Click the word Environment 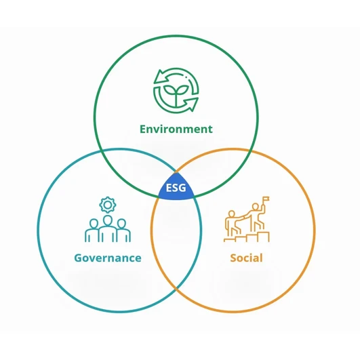coord(176,129)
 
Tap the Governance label coord(108,258)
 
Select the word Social coord(246,258)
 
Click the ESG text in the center coord(176,188)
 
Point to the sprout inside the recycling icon coord(176,94)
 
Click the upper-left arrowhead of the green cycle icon coord(161,77)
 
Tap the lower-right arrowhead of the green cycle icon coord(191,104)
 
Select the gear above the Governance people coord(107,205)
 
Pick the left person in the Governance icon coord(92,231)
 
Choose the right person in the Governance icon coord(123,231)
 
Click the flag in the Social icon coord(266,199)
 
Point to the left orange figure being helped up coord(231,224)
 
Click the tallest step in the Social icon coord(263,237)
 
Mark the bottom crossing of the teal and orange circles coord(176,289)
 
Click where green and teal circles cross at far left coord(100,151)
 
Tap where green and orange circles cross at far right coord(251,151)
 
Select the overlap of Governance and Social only coord(176,241)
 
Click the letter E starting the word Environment coord(143,129)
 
